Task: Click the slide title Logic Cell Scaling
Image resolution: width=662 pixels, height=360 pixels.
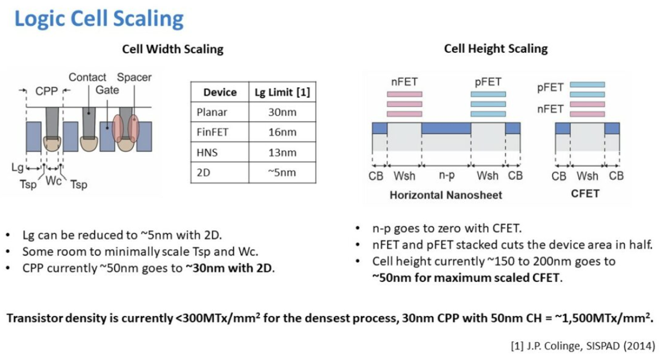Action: pyautogui.click(x=99, y=19)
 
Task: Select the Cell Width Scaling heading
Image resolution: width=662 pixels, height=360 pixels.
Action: pyautogui.click(x=173, y=49)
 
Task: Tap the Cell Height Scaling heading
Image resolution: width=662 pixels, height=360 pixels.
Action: pyautogui.click(x=496, y=48)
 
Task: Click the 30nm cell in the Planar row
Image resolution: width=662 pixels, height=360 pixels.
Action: pyautogui.click(x=282, y=112)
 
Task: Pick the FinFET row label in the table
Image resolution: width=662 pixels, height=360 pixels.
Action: pyautogui.click(x=213, y=132)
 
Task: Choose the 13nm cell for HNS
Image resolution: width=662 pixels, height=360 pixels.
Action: pyautogui.click(x=282, y=152)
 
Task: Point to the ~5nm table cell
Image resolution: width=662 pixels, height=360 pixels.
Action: pyautogui.click(x=282, y=172)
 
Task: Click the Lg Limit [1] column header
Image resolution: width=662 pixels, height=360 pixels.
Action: pyautogui.click(x=282, y=92)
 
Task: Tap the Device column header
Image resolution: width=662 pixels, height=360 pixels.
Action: pyautogui.click(x=220, y=92)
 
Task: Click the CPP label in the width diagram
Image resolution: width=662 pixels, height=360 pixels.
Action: pyautogui.click(x=47, y=91)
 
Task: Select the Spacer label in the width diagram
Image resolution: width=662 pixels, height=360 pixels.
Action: pyautogui.click(x=134, y=77)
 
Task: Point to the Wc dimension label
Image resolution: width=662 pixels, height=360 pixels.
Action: pyautogui.click(x=54, y=181)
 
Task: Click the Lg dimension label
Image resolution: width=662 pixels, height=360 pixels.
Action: pyautogui.click(x=17, y=167)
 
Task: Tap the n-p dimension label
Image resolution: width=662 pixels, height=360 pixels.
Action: pyautogui.click(x=447, y=175)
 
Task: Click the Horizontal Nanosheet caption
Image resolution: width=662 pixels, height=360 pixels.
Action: pyautogui.click(x=446, y=195)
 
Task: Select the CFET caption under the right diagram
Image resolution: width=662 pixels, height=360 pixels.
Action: pyautogui.click(x=585, y=194)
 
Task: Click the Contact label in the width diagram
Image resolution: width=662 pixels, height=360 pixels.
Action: pyautogui.click(x=87, y=77)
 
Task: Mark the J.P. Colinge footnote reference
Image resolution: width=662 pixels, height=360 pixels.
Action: pyautogui.click(x=583, y=345)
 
